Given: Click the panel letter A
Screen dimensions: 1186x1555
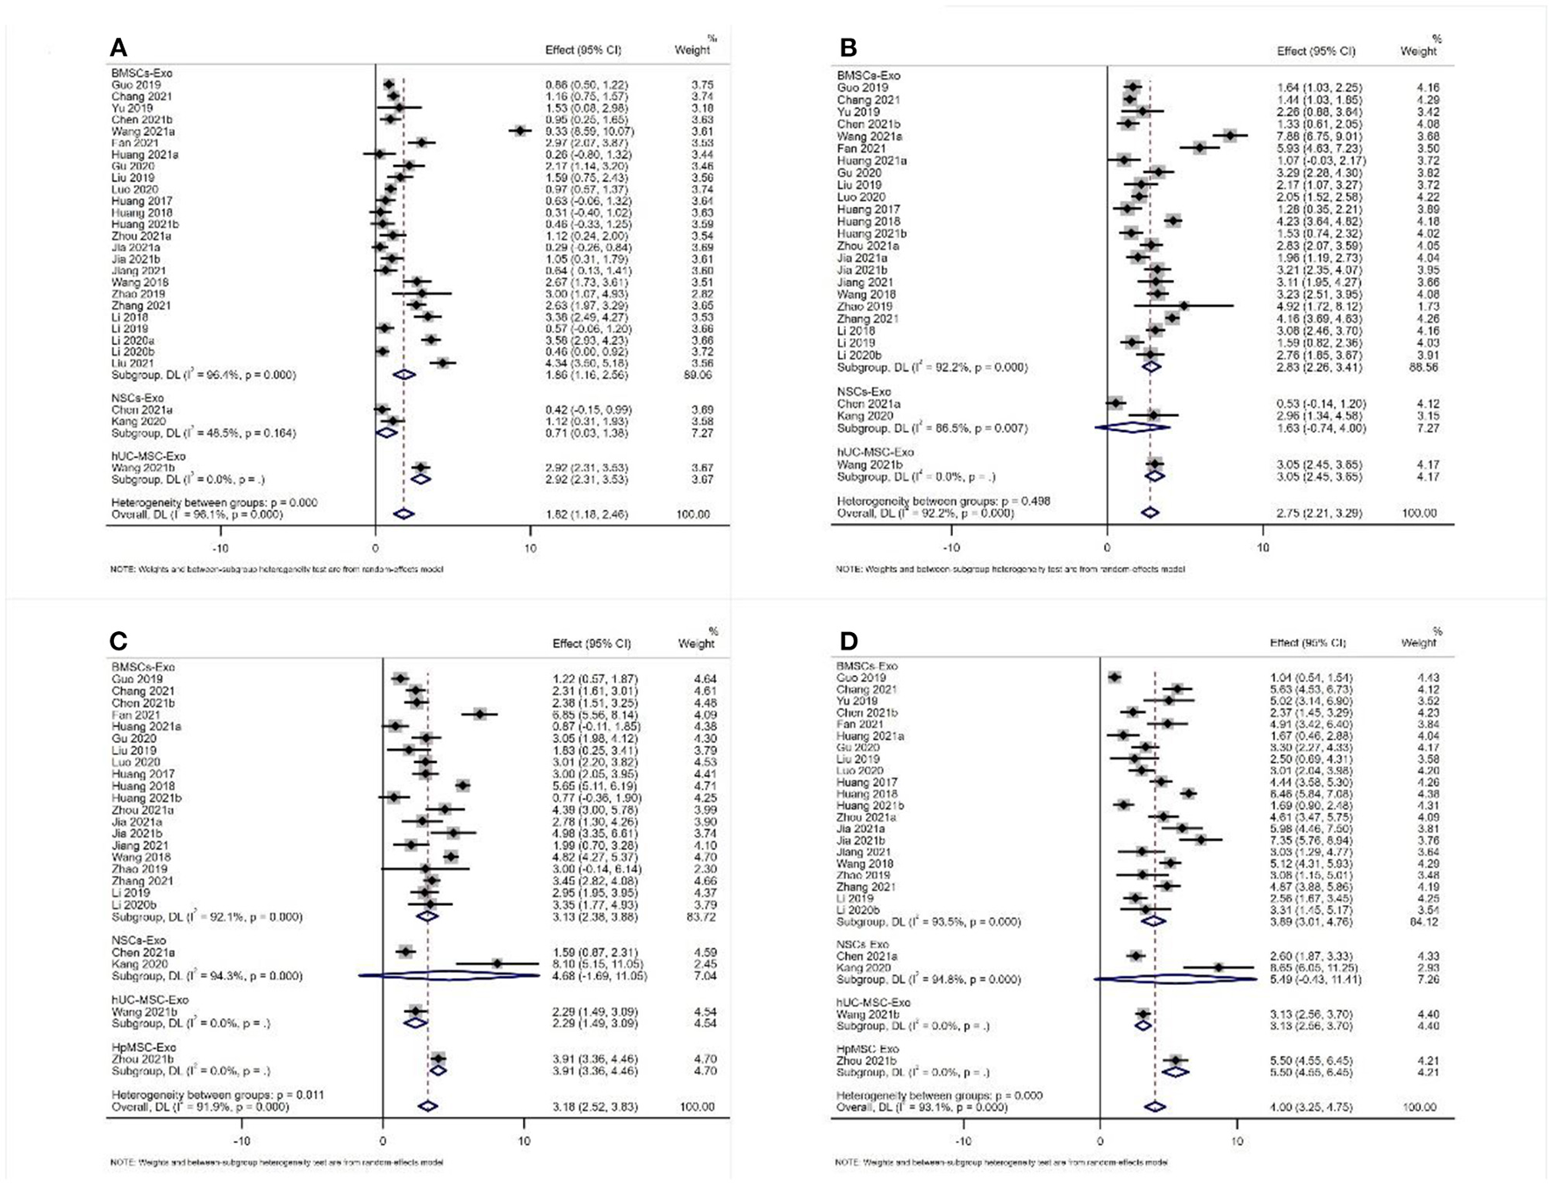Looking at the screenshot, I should [118, 47].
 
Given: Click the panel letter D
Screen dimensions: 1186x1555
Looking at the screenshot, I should [849, 641].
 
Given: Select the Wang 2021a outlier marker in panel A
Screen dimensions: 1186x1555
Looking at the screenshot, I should [520, 131].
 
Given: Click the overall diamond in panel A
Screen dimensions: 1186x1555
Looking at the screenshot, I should [404, 514].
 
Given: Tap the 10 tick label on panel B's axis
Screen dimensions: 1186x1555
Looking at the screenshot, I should [1262, 548].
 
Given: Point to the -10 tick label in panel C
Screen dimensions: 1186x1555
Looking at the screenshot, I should [241, 1141].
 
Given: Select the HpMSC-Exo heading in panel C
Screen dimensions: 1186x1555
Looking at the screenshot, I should [144, 1047].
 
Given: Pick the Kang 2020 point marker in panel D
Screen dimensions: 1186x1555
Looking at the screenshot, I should [1219, 967].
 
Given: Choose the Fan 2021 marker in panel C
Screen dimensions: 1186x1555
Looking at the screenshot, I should [479, 715].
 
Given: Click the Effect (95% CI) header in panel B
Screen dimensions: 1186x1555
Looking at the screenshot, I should [1315, 51].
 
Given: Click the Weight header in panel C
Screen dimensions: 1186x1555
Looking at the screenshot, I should [696, 643].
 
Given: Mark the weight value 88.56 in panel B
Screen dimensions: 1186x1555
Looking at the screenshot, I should [1419, 367].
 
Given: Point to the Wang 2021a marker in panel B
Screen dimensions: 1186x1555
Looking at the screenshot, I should [1230, 136].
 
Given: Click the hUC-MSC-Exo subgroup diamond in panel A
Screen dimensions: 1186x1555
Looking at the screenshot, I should [421, 479].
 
